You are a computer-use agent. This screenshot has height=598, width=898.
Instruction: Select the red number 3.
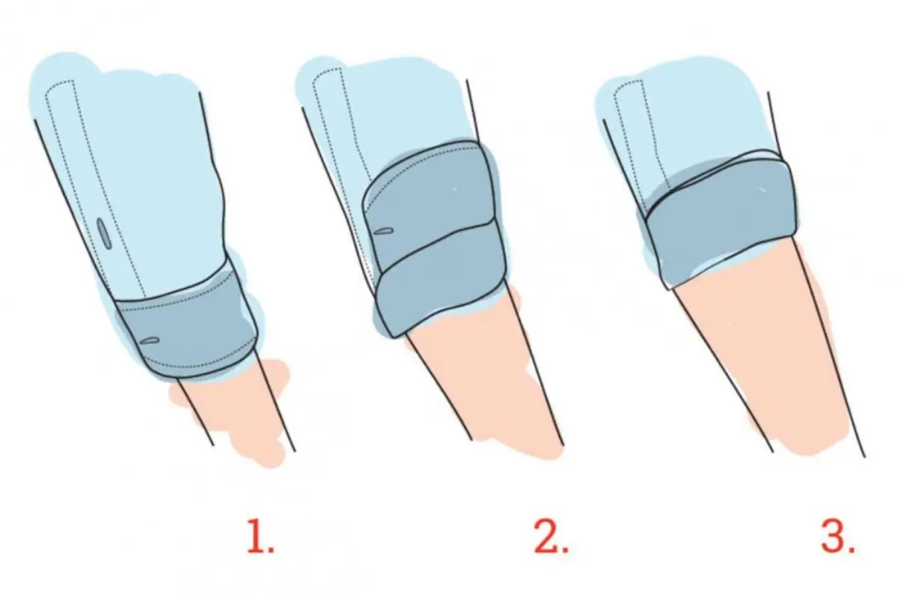[x=837, y=536]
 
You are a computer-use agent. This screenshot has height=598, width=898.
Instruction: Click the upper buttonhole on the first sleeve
[x=104, y=231]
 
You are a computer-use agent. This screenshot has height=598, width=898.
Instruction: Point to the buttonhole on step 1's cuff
[x=150, y=340]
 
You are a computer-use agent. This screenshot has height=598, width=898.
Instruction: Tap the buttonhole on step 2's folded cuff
[x=383, y=231]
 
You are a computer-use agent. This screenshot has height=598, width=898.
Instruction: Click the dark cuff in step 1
[x=189, y=324]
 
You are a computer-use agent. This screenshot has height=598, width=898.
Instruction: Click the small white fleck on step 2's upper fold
[x=454, y=189]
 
